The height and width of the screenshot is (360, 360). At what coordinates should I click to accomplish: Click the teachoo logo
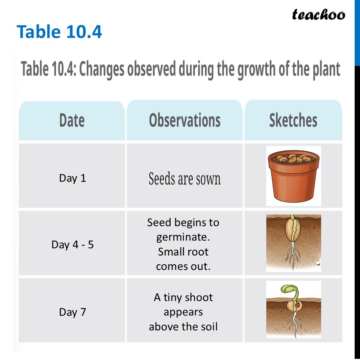tap(318, 15)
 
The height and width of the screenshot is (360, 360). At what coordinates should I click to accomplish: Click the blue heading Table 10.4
tap(59, 32)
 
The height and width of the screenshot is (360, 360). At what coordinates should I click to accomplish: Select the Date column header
tap(72, 120)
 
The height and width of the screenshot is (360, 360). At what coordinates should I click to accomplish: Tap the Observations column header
tap(185, 120)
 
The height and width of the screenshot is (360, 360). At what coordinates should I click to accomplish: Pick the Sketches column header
tap(293, 120)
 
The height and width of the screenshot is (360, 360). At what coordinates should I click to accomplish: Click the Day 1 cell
tap(72, 178)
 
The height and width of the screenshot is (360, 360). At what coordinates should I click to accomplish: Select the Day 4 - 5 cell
tap(72, 244)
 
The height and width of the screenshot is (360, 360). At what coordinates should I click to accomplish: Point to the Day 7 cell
tap(72, 312)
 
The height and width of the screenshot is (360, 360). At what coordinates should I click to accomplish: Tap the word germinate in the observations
tap(182, 237)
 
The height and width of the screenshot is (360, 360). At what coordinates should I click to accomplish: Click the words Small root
tap(183, 252)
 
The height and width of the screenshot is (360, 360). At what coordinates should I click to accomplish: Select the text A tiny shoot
tap(183, 297)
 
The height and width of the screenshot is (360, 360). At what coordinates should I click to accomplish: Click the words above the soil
tap(183, 326)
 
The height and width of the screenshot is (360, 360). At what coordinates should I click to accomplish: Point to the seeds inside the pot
tap(293, 158)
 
